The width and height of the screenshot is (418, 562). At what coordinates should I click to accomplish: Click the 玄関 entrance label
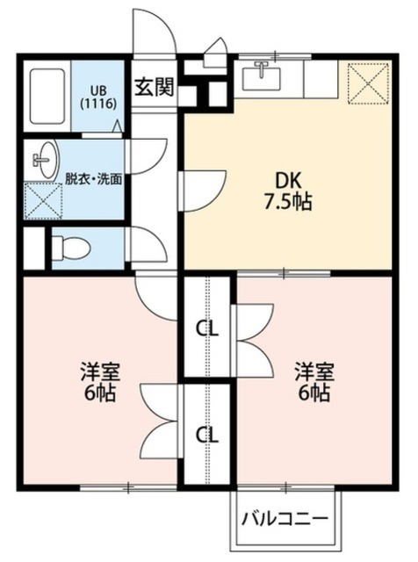[154, 87]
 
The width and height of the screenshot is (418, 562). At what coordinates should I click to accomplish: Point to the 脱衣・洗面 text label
[93, 177]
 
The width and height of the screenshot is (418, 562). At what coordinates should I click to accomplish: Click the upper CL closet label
[207, 329]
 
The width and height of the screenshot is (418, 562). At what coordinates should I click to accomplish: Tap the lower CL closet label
[207, 434]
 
